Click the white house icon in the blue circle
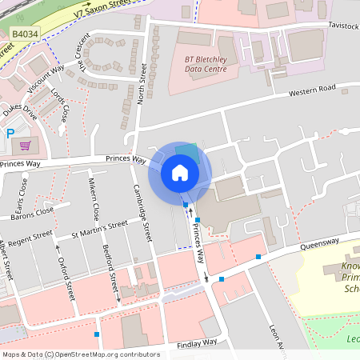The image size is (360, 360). coord(180,172)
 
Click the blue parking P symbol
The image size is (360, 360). coord(10,134)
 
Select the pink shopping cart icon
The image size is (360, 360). coord(26,146)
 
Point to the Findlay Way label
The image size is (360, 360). coord(197,342)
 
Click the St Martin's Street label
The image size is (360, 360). coord(99,230)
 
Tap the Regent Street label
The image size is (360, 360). coord(30,237)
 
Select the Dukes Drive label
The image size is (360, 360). coord(19,110)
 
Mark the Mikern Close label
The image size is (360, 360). coord(94,200)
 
